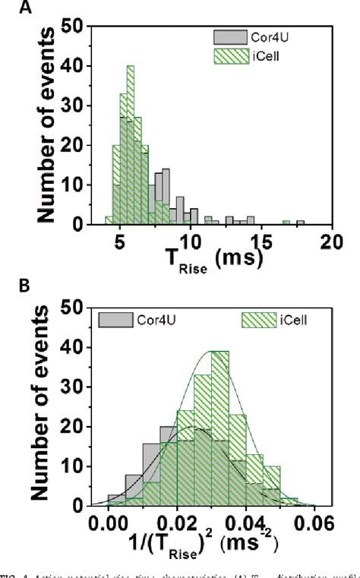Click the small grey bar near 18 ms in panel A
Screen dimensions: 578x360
301,223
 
